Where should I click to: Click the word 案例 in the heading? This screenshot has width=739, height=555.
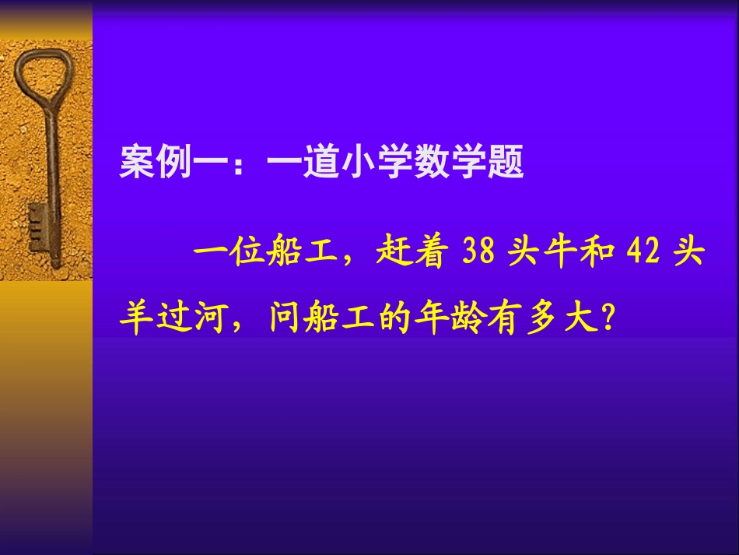155,164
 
